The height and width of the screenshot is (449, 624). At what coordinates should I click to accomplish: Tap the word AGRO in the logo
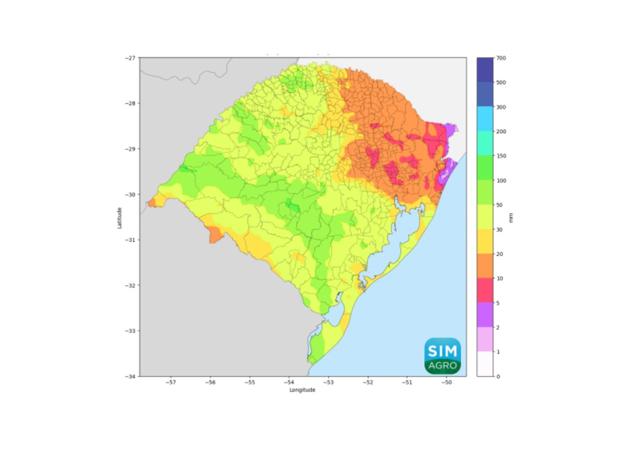click(x=442, y=366)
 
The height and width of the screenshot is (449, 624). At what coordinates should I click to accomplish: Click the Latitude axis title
click(x=119, y=218)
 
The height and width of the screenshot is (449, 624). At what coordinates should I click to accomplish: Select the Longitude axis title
click(x=303, y=390)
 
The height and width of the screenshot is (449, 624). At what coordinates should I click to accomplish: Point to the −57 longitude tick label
click(x=171, y=383)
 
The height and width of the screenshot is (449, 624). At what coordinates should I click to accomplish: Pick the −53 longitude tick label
click(x=328, y=383)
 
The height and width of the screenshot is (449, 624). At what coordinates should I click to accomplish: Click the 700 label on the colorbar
click(x=501, y=58)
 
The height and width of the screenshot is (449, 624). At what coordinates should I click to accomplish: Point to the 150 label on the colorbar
click(x=501, y=156)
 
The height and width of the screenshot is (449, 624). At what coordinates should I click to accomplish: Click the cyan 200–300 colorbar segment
click(x=485, y=119)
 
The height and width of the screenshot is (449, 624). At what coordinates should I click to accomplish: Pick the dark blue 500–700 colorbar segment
click(x=485, y=70)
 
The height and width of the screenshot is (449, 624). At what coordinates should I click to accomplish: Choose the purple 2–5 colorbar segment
click(x=485, y=315)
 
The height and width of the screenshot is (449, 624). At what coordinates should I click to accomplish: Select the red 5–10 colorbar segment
click(x=485, y=290)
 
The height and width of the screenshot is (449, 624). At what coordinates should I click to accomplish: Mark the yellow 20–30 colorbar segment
click(x=485, y=241)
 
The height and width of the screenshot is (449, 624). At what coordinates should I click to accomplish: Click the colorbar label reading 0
click(x=498, y=376)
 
